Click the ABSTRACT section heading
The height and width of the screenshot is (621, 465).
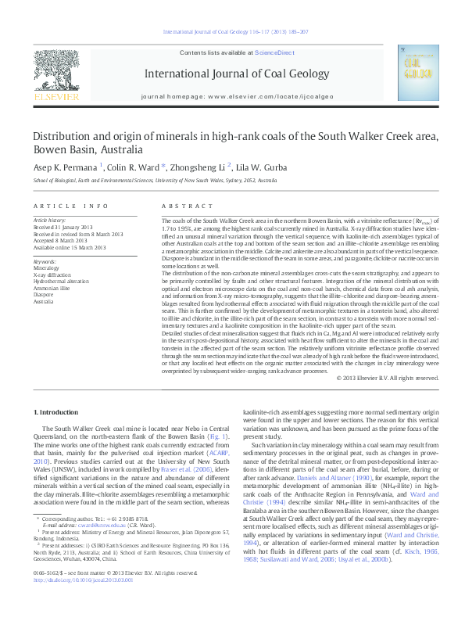coord(177,206)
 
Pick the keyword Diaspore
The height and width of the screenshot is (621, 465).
coord(45,295)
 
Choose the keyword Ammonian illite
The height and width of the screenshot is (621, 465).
coord(52,289)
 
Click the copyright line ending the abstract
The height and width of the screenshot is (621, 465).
coord(385,378)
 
